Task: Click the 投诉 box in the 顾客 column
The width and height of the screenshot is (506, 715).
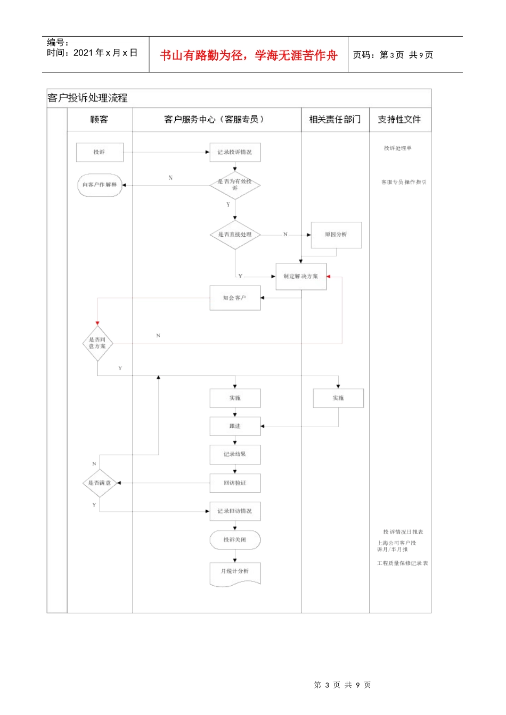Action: click(x=100, y=152)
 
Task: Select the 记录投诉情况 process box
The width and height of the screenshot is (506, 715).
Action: click(x=235, y=152)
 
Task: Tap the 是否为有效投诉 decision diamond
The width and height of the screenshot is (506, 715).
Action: click(x=235, y=185)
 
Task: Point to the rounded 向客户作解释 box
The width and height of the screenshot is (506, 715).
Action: click(x=100, y=185)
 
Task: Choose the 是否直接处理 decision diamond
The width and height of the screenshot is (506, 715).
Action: click(x=235, y=235)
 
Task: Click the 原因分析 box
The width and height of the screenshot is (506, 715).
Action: click(x=336, y=235)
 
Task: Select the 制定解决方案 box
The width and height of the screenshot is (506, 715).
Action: click(x=301, y=277)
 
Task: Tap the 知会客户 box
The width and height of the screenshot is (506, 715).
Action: click(x=235, y=298)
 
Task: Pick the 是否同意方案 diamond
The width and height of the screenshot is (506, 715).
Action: click(x=97, y=343)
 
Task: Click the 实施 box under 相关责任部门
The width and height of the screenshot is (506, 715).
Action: click(x=338, y=398)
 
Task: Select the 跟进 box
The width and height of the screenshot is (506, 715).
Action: click(x=235, y=426)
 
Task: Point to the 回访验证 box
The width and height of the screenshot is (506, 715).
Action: click(x=235, y=483)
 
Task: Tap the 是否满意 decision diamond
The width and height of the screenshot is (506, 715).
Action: click(x=100, y=483)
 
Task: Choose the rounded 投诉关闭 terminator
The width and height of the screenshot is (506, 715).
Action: click(x=235, y=540)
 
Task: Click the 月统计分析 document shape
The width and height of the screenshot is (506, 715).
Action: click(x=235, y=572)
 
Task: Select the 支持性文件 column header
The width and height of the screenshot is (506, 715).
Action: click(x=399, y=120)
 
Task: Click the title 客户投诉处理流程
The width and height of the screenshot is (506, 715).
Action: click(x=88, y=98)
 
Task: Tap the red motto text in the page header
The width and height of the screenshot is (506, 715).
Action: click(x=249, y=55)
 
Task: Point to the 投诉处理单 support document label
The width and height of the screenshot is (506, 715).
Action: click(x=398, y=148)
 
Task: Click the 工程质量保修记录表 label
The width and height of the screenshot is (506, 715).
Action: click(x=403, y=563)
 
